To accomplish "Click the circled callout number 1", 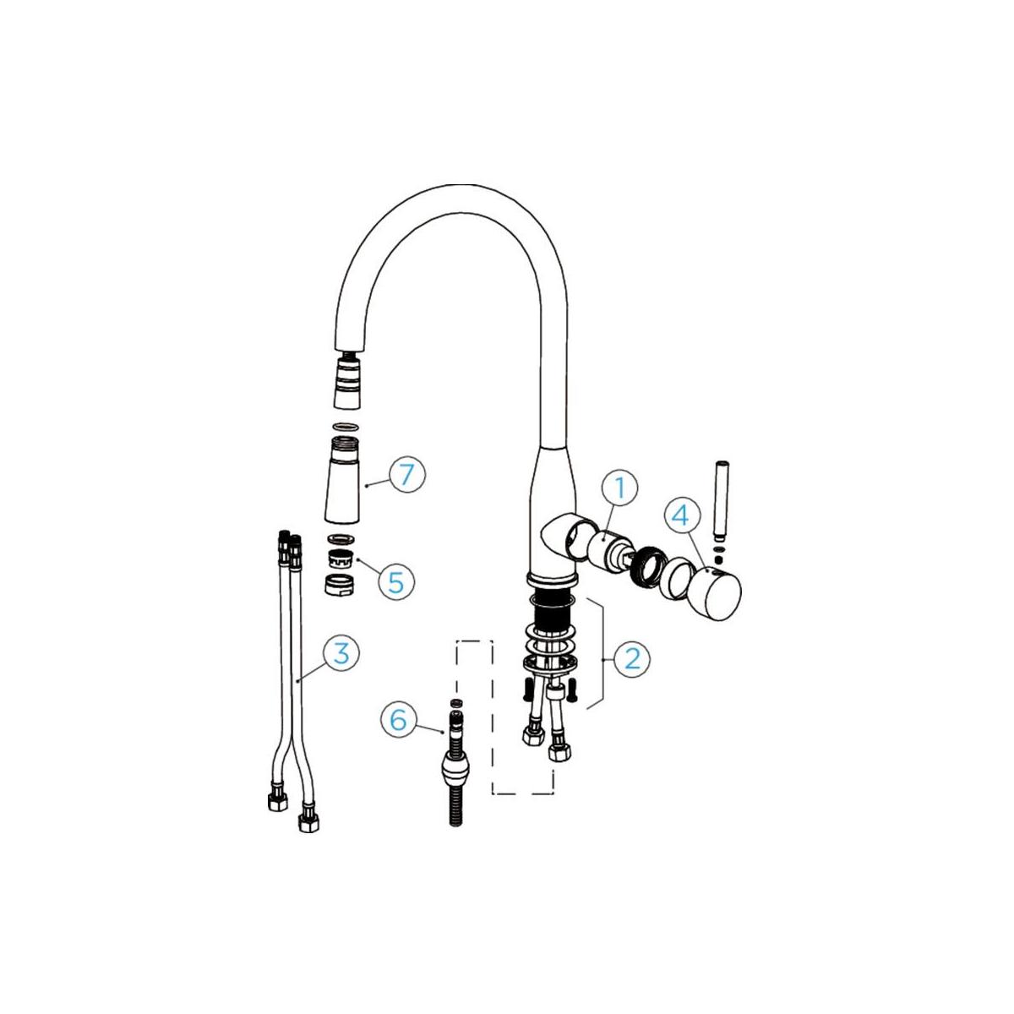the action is (x=619, y=488).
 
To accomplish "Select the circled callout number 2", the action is (x=632, y=658).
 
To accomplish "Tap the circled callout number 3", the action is (x=341, y=652).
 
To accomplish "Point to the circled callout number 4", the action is (x=682, y=516).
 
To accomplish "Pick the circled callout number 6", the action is (x=399, y=719).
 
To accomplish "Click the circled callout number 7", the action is (x=406, y=474).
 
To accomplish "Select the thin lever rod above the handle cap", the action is (x=721, y=501).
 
